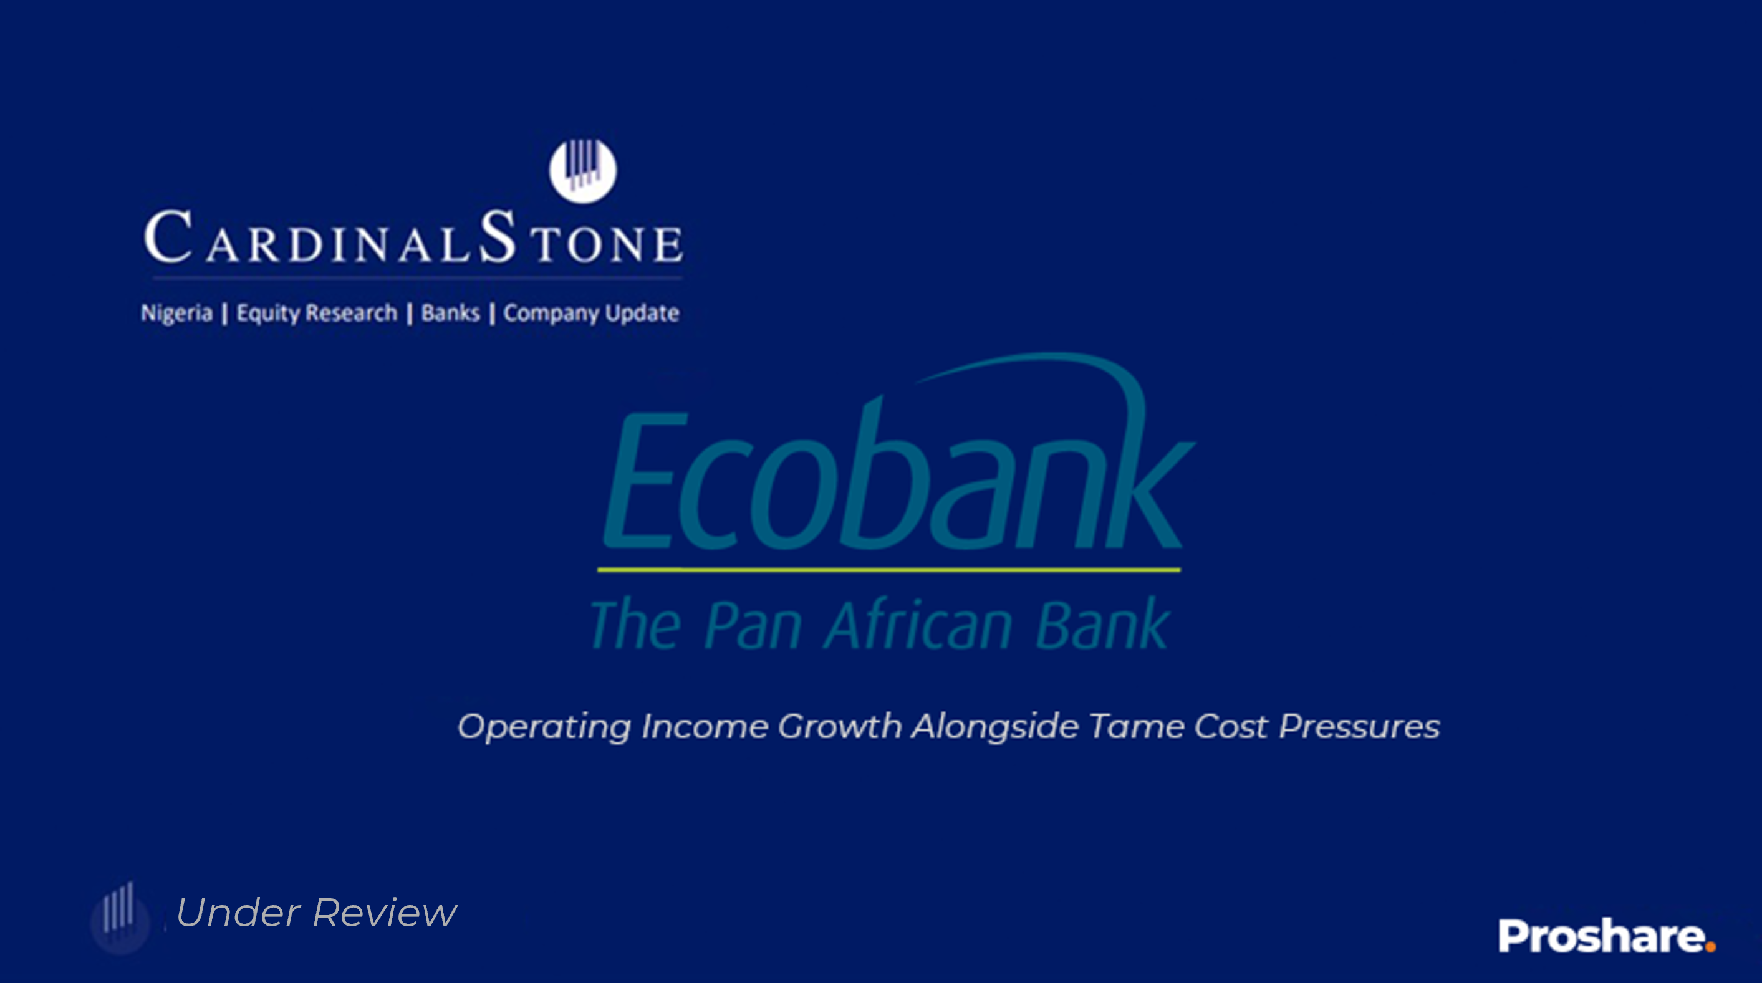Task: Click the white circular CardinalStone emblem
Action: coord(583,171)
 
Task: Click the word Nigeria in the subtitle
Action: coord(176,314)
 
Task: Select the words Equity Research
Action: coord(317,314)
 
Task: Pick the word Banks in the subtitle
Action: coord(450,313)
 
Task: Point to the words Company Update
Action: coord(592,314)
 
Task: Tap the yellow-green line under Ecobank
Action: coord(888,569)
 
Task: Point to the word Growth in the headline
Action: coord(840,726)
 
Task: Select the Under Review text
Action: coord(316,913)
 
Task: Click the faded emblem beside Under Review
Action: coord(120,918)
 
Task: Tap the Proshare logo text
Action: coord(1601,936)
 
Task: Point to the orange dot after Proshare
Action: coord(1710,946)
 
